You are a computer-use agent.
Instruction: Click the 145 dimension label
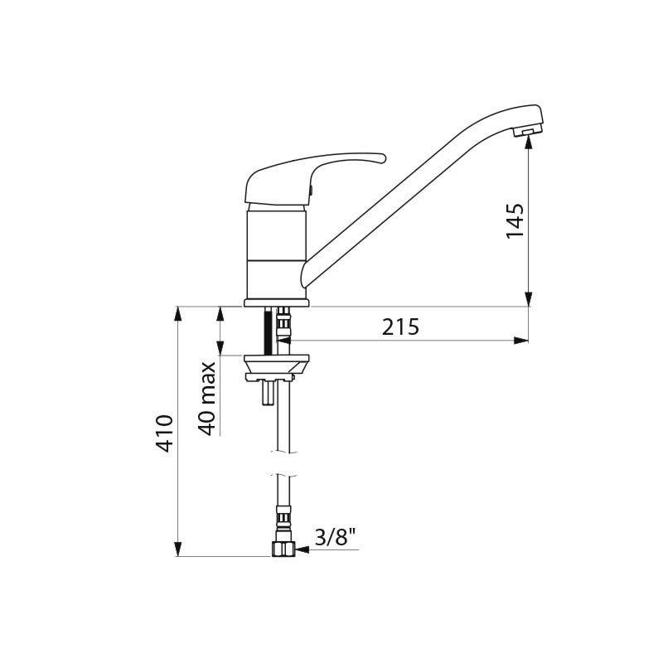click(515, 220)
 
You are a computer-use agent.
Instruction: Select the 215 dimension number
click(400, 327)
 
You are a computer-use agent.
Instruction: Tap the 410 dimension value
click(164, 433)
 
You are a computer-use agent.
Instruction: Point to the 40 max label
click(207, 399)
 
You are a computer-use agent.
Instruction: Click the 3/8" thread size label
click(335, 537)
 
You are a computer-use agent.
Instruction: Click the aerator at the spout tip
click(527, 132)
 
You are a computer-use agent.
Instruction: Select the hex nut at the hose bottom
click(283, 549)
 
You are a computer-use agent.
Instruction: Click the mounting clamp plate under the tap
click(277, 367)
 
